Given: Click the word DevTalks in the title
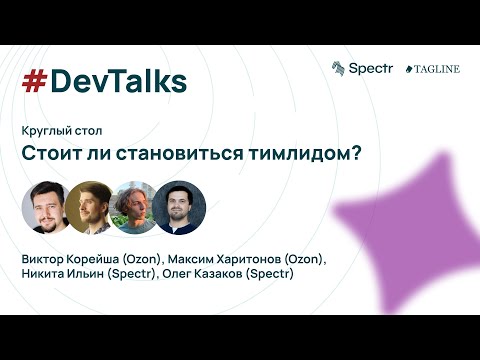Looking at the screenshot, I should click(118, 82).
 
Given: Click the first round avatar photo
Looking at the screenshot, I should click(46, 207).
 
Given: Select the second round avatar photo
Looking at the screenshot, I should click(90, 207).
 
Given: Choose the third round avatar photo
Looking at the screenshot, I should click(134, 207).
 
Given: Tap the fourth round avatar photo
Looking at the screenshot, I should click(178, 207).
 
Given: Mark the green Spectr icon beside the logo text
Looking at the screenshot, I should click(339, 68).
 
